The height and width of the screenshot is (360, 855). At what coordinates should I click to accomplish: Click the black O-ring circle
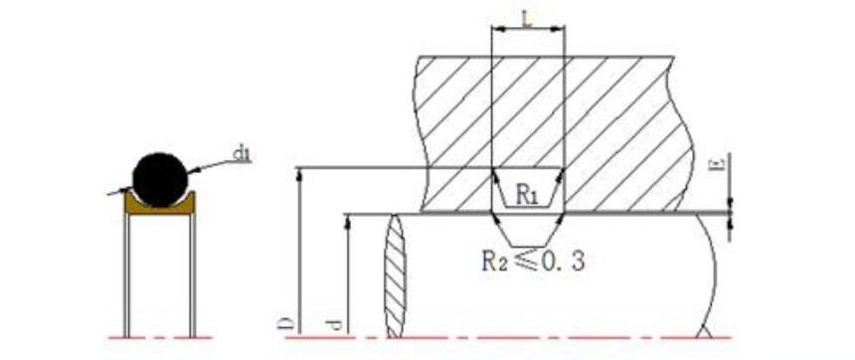pyautogui.click(x=160, y=180)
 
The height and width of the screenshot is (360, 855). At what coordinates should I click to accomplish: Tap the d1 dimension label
pyautogui.click(x=242, y=154)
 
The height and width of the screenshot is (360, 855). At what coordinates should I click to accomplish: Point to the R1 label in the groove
pyautogui.click(x=527, y=195)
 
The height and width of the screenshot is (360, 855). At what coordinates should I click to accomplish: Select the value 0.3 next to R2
pyautogui.click(x=566, y=262)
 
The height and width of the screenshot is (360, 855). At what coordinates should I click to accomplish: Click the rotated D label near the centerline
pyautogui.click(x=289, y=325)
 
